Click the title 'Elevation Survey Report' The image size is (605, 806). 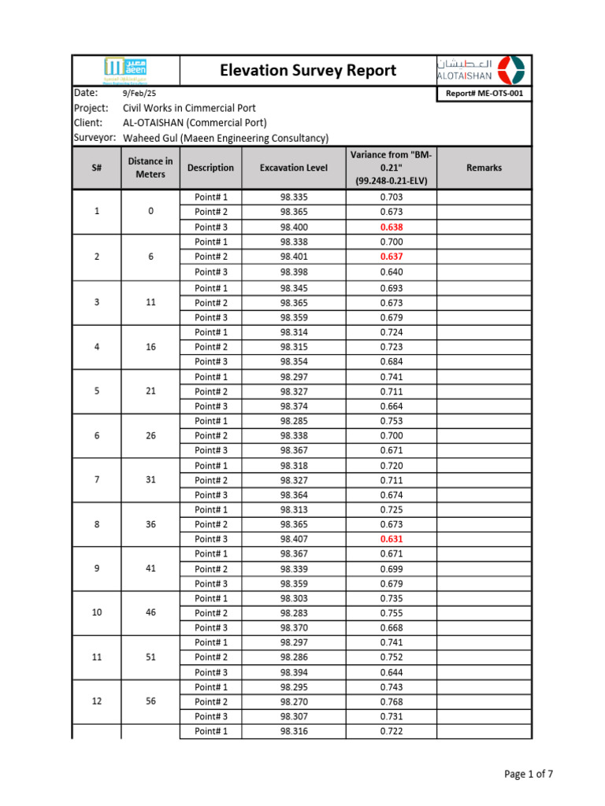click(308, 71)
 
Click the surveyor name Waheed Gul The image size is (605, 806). click(225, 138)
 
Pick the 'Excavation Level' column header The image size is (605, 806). click(295, 168)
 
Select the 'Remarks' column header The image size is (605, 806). click(484, 168)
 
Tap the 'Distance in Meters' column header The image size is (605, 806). click(150, 168)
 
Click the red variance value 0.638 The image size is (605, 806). click(392, 227)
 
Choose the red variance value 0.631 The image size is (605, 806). click(392, 539)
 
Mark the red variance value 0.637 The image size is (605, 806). click(392, 257)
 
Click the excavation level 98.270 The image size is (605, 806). click(295, 702)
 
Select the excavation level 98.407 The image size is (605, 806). click(295, 539)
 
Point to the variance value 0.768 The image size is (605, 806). click(392, 702)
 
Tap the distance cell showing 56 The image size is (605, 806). click(150, 702)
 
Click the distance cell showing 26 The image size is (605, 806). click(150, 435)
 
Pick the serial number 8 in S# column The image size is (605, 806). click(97, 524)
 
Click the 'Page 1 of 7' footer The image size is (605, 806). click(529, 775)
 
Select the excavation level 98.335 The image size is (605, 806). click(295, 197)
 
